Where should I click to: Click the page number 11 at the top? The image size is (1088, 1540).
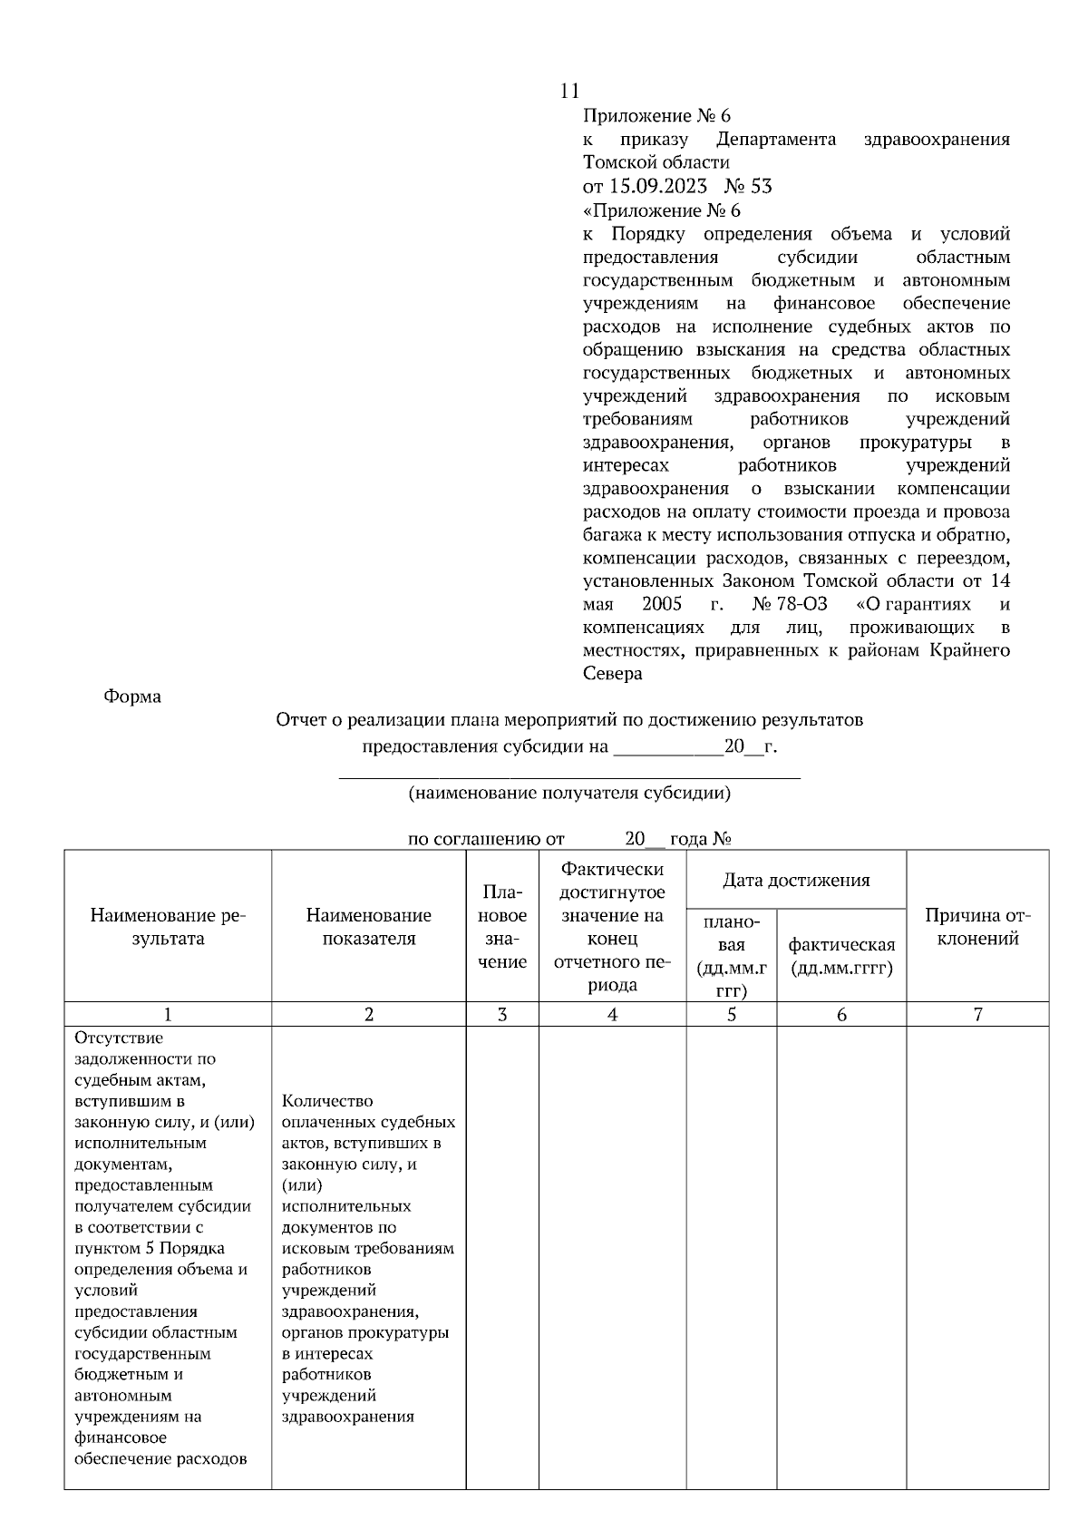569,91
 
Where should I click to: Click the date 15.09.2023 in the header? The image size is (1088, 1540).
657,187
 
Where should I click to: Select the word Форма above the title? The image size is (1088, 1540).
132,697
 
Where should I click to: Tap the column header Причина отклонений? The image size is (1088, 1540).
977,927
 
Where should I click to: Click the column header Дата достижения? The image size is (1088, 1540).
796,880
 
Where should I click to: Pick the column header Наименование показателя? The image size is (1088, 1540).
369,927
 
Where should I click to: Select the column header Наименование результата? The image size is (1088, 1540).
168,927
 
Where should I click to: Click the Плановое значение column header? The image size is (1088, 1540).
502,927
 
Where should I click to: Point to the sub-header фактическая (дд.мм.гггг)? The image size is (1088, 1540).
841,956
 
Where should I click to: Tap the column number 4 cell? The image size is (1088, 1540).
613,1015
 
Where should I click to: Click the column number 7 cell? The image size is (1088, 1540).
977,1015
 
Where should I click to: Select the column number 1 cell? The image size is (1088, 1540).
168,1015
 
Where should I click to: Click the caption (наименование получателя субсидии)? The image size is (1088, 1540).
569,794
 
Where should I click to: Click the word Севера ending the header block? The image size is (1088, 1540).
612,674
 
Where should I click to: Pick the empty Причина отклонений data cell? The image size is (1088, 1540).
977,1256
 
